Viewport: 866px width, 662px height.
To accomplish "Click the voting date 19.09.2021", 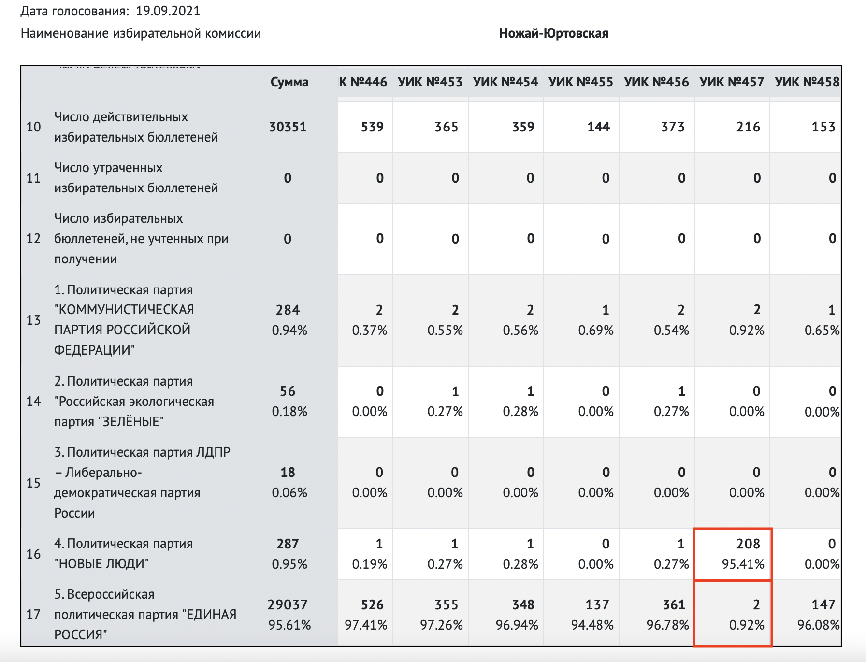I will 168,11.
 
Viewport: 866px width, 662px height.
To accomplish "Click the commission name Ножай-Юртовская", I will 553,33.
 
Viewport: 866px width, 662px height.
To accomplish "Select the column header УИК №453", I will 430,82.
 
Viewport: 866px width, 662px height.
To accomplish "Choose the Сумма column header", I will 289,82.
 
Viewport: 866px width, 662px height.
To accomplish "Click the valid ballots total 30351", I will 288,127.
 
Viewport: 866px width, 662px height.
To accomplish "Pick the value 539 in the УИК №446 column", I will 372,127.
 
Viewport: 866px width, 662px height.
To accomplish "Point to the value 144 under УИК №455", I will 598,127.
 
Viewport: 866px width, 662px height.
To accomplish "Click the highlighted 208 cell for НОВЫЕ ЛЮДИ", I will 748,544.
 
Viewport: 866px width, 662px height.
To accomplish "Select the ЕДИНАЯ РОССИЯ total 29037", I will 288,604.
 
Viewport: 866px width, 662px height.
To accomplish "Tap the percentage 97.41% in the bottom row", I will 366,625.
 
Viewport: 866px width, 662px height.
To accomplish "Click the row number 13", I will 33,320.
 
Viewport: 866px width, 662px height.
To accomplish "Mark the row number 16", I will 33,554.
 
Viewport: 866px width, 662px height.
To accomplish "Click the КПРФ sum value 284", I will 288,310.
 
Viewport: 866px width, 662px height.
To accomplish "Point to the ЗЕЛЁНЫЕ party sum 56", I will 288,391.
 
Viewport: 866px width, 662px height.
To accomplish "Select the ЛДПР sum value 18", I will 288,472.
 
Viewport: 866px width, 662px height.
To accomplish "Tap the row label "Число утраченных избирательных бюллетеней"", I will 136,178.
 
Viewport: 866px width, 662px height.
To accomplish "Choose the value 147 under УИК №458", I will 823,604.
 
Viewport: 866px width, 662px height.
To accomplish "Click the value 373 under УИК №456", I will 673,127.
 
